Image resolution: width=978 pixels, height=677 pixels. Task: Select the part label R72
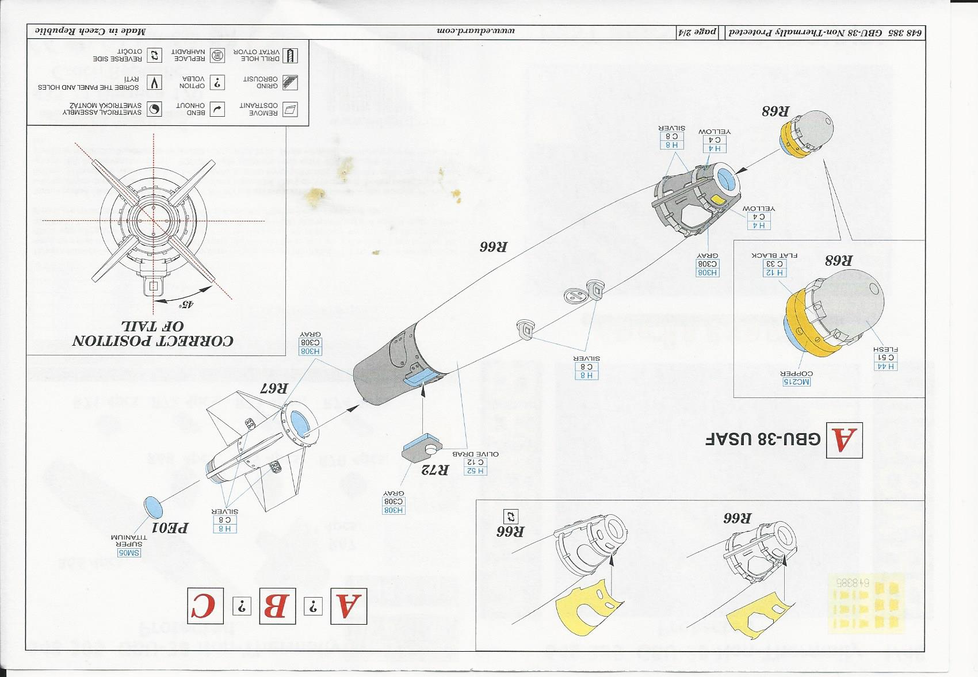(435, 470)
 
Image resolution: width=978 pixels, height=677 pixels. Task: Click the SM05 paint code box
(129, 553)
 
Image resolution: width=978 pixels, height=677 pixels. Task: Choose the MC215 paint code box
(796, 382)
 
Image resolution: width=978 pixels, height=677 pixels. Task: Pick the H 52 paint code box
(475, 471)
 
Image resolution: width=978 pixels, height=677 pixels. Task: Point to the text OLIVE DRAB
(475, 454)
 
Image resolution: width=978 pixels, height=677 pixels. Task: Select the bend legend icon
(217, 109)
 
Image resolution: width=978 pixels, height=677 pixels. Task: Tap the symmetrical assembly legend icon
(154, 109)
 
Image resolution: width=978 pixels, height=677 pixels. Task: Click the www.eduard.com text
(475, 30)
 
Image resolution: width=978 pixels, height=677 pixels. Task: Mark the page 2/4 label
(697, 32)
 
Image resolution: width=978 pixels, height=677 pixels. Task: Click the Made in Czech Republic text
(90, 30)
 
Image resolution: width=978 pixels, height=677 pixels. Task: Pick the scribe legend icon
(154, 83)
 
